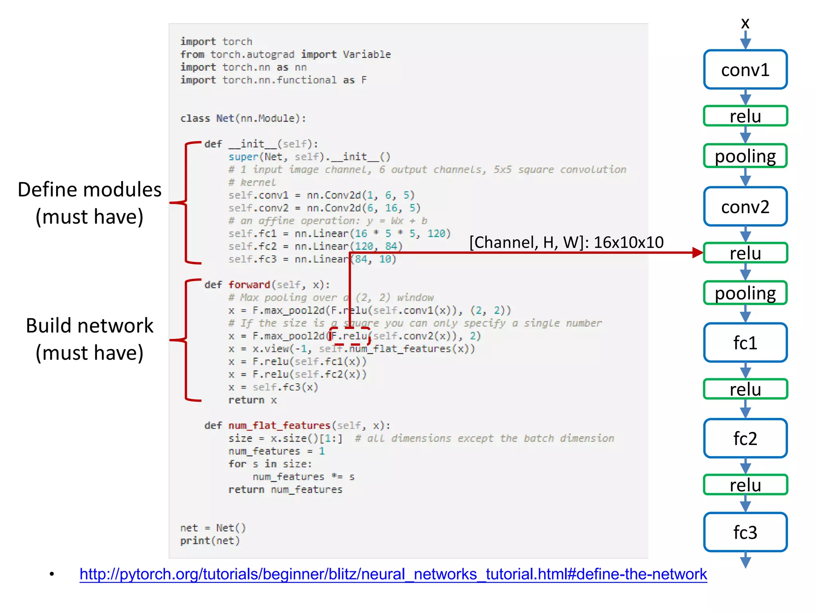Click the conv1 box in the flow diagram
[x=745, y=70]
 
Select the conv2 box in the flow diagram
[x=745, y=207]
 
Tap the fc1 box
[x=745, y=343]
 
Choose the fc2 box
[x=745, y=438]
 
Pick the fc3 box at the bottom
[x=745, y=532]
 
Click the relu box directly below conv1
[x=745, y=116]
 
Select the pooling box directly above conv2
[x=745, y=156]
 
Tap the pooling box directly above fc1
[x=745, y=293]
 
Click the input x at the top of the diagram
[x=745, y=23]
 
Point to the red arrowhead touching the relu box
[x=697, y=253]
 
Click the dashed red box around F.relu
[x=349, y=336]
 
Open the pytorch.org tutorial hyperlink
[x=393, y=574]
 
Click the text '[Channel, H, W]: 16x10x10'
[x=566, y=242]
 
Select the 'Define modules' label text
[x=90, y=190]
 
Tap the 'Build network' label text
[x=90, y=326]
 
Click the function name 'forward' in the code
[x=249, y=285]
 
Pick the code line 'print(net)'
[x=210, y=541]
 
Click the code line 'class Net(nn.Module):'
[x=243, y=118]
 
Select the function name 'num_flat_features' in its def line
[x=279, y=426]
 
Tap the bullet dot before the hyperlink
[x=52, y=574]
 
